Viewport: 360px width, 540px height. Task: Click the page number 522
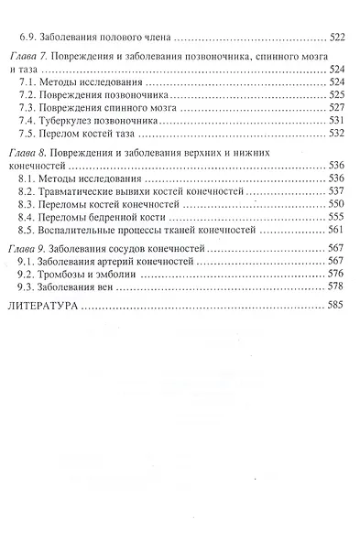pyautogui.click(x=336, y=40)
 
